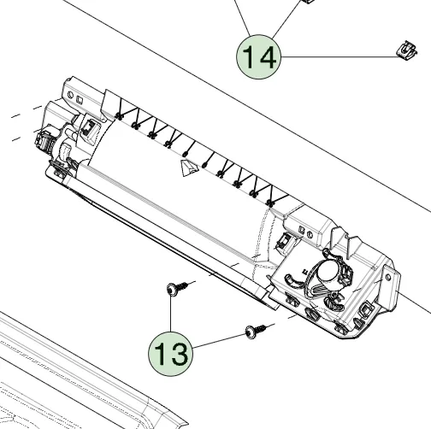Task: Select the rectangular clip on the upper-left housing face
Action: pos(91,127)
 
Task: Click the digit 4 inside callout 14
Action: pos(269,57)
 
